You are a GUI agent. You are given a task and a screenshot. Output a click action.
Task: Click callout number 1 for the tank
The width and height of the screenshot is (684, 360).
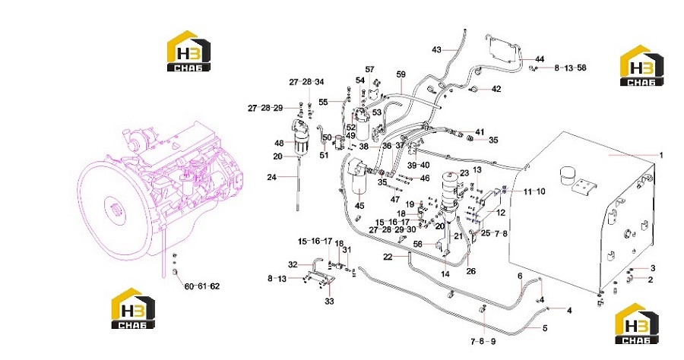click(x=661, y=155)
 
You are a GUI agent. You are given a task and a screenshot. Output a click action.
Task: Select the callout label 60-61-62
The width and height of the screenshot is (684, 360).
click(x=202, y=286)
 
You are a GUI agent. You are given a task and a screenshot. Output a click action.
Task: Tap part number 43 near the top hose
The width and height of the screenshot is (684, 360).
click(x=436, y=49)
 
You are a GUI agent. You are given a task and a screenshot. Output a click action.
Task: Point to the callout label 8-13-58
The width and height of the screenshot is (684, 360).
click(x=570, y=68)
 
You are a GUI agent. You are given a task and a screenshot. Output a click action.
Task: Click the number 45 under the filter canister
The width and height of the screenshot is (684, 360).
click(x=359, y=206)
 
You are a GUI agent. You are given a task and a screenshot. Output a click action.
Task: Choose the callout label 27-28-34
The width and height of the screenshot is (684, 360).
click(x=307, y=82)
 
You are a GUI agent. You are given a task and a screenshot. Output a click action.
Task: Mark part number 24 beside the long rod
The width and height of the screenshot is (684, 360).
click(x=272, y=177)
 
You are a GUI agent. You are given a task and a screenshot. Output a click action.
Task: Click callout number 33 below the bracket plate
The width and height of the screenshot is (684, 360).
click(x=329, y=302)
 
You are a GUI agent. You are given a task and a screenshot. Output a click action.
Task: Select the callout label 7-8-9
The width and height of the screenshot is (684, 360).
click(x=483, y=342)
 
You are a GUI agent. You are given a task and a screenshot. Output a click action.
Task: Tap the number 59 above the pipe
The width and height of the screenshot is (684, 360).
click(x=401, y=74)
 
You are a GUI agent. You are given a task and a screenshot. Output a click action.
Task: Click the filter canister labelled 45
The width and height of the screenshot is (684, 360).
click(x=359, y=178)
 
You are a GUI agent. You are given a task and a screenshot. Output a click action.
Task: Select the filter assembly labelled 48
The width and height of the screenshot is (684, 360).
click(x=299, y=138)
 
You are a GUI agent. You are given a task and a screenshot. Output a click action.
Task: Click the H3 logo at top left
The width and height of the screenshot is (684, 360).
click(x=189, y=51)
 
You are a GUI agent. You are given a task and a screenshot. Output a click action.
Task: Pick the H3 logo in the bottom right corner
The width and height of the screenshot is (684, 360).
click(x=636, y=323)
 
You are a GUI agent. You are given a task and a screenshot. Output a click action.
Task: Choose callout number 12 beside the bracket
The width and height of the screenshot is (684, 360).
click(x=501, y=213)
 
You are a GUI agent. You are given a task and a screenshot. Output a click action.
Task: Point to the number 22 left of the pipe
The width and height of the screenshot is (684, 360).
click(x=388, y=257)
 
